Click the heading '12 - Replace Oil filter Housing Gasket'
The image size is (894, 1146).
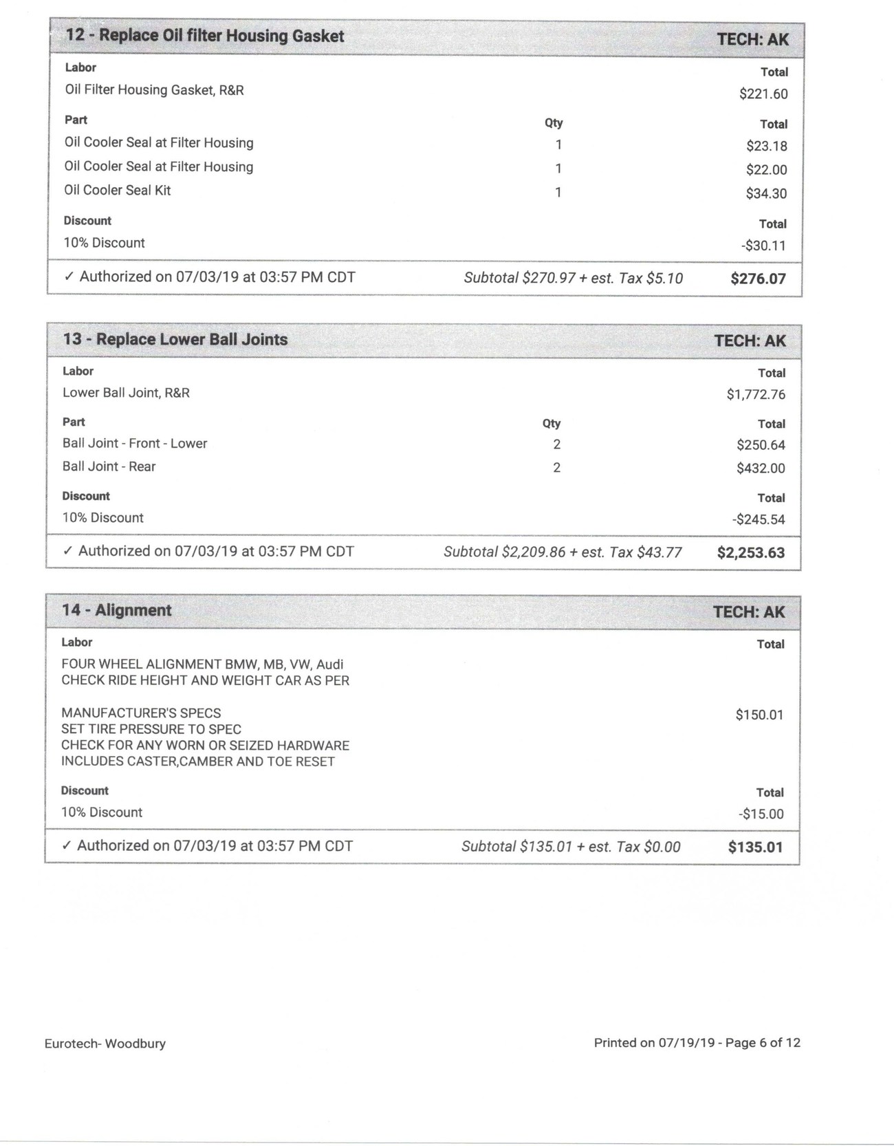coord(204,36)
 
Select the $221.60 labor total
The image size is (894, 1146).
coord(763,94)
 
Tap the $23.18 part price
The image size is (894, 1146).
coord(766,146)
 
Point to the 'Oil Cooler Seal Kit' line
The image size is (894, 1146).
coord(118,191)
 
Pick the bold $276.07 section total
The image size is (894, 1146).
coord(758,279)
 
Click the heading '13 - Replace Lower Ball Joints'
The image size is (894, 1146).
coord(175,339)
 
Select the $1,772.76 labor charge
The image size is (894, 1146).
coord(756,395)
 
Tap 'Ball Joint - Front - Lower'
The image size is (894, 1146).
coord(135,444)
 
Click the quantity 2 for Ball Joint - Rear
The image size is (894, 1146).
coord(556,468)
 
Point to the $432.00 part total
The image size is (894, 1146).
coord(761,468)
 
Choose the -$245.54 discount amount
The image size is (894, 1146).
coord(758,519)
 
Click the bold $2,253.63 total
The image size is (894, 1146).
coord(750,552)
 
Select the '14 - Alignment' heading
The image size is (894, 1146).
coord(117,610)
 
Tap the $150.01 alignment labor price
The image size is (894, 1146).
coord(759,715)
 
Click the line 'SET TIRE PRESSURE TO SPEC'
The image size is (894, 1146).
coord(151,729)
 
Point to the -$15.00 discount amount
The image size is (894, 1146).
coord(761,814)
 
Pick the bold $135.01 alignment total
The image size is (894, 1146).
coord(755,847)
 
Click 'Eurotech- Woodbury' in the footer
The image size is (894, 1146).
coord(105,1044)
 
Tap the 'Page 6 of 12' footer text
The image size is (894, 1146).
coord(762,1043)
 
